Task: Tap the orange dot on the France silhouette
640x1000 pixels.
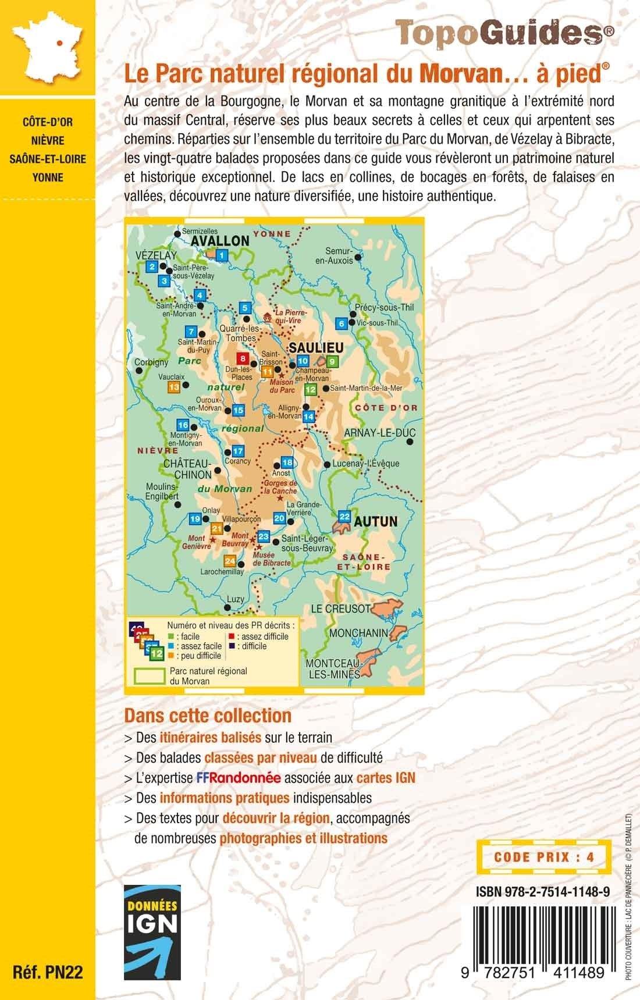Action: pyautogui.click(x=59, y=42)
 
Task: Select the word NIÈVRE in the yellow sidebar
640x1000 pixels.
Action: pyautogui.click(x=48, y=140)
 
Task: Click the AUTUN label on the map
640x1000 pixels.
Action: pyautogui.click(x=376, y=521)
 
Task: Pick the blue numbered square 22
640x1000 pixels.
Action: pyautogui.click(x=344, y=516)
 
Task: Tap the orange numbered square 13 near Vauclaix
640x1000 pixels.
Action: pyautogui.click(x=173, y=387)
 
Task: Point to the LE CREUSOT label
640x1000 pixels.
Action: pyautogui.click(x=340, y=608)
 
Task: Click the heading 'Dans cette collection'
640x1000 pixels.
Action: pyautogui.click(x=208, y=714)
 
